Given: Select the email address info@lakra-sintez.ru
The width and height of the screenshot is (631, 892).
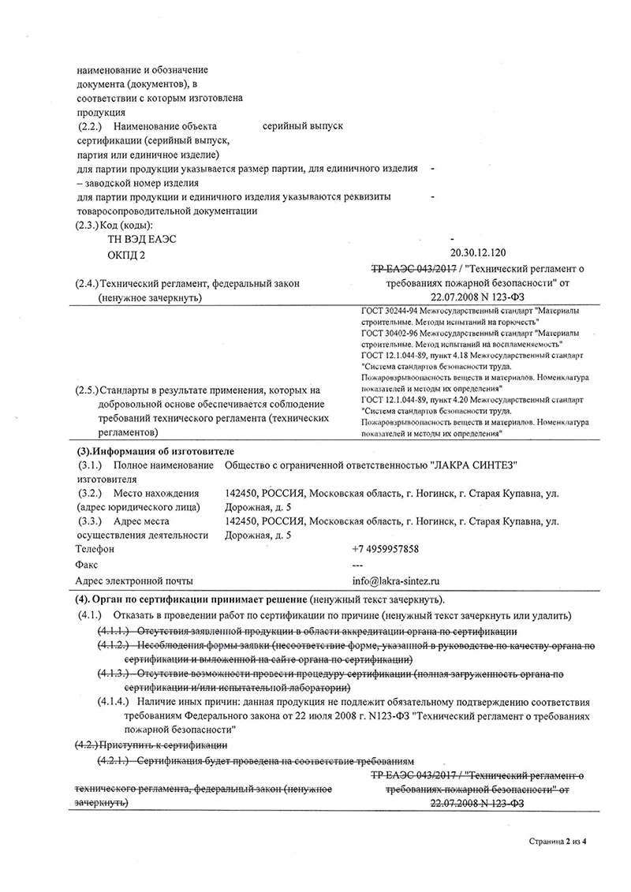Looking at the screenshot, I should (398, 580).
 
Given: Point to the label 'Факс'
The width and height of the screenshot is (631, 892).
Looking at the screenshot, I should (87, 565).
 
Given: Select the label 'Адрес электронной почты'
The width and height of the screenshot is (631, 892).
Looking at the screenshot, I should (133, 580).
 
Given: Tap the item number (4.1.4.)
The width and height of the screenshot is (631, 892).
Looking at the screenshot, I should (114, 700).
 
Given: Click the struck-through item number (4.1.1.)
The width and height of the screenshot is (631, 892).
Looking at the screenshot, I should (114, 632).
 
